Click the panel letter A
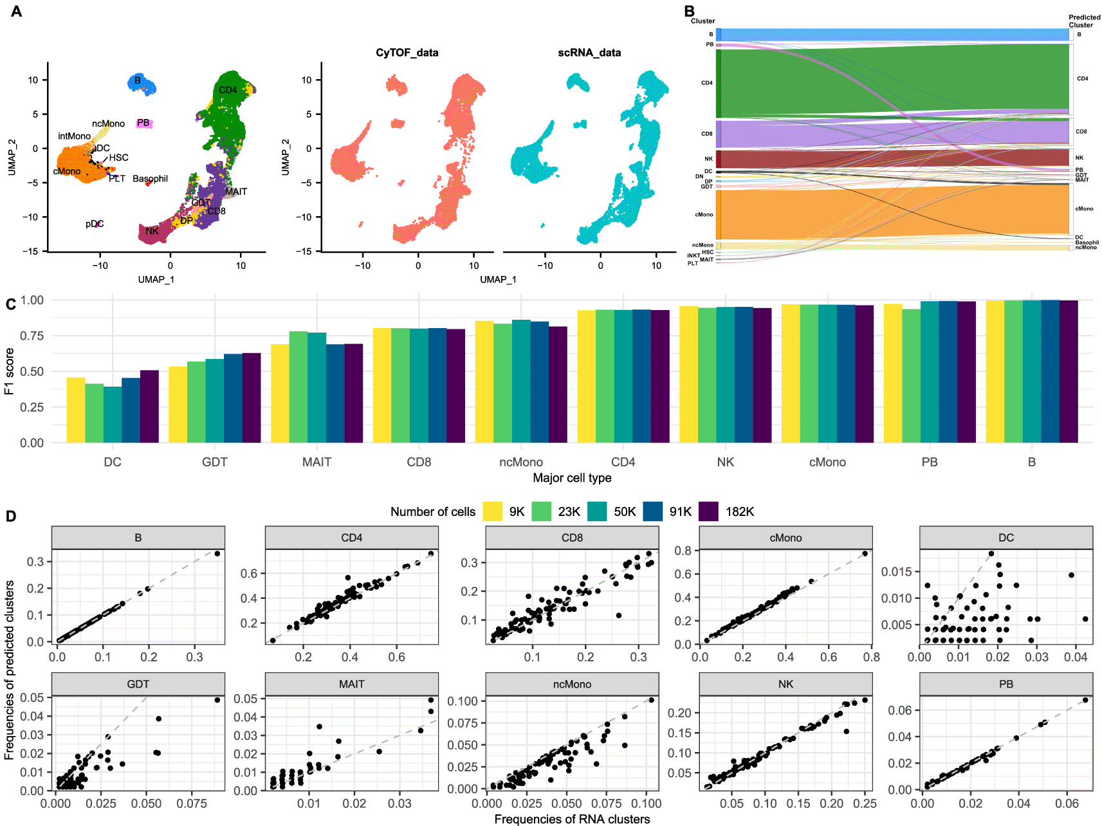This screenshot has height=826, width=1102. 16,11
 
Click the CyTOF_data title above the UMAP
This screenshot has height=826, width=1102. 407,53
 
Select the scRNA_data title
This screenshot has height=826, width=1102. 589,53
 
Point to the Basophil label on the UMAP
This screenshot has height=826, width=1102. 150,179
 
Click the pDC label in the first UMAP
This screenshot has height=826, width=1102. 94,224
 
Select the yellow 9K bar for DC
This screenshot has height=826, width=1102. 76,410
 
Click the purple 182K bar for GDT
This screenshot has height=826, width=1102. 252,398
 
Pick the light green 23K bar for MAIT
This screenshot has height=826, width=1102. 298,387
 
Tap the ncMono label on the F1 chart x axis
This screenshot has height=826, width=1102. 520,462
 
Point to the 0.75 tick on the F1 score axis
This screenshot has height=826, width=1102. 32,336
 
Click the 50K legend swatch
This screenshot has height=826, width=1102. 597,511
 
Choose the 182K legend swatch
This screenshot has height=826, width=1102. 708,511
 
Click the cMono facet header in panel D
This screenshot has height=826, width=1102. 785,538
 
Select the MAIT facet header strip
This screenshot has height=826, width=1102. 351,684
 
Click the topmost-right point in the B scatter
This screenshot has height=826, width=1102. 217,553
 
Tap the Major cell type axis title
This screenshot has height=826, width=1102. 572,478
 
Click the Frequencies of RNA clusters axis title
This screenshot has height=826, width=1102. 572,819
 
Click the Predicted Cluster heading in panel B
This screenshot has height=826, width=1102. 1084,21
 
